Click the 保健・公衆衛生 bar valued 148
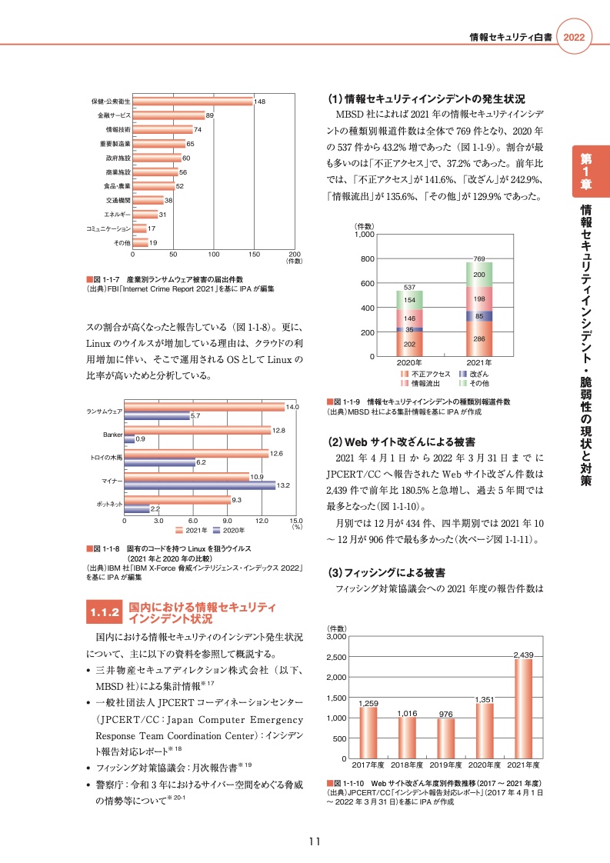point(192,101)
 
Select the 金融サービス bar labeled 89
point(168,115)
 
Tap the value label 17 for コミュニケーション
point(152,228)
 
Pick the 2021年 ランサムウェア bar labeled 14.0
point(204,406)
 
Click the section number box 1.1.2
point(102,612)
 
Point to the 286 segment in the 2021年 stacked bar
point(478,338)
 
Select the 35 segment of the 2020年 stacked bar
point(409,329)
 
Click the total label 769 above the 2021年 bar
point(478,258)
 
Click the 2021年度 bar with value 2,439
point(522,708)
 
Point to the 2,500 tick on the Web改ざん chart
point(337,657)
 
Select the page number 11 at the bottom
point(314,841)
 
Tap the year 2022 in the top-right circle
point(575,38)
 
